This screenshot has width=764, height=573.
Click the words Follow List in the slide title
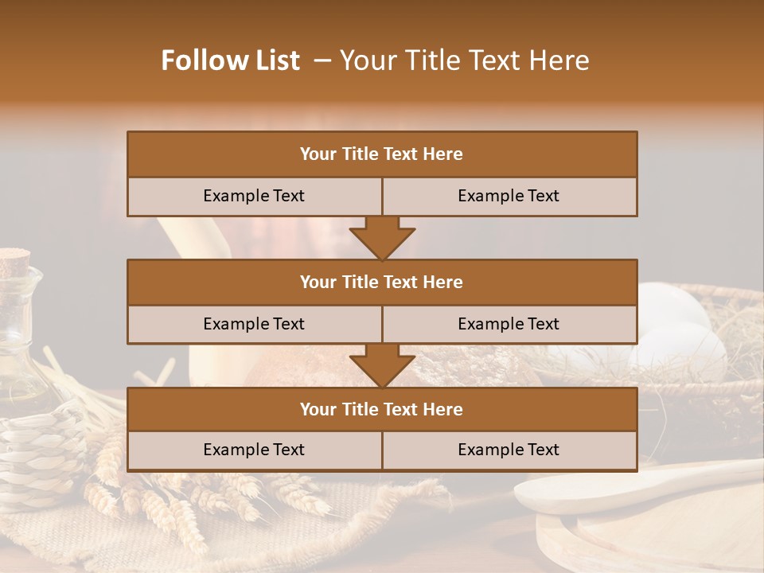pyautogui.click(x=231, y=60)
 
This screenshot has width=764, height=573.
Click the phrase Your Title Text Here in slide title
pyautogui.click(x=464, y=60)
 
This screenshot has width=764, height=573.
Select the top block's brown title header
pyautogui.click(x=382, y=154)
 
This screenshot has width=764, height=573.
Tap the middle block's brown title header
pyautogui.click(x=382, y=282)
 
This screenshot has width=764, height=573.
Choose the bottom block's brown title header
pyautogui.click(x=382, y=409)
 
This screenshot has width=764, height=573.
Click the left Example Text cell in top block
pyautogui.click(x=254, y=196)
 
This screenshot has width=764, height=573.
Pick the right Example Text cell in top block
pyautogui.click(x=509, y=196)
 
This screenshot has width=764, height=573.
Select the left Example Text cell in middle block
pyautogui.click(x=254, y=324)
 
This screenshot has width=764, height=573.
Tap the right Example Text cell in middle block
pyautogui.click(x=509, y=324)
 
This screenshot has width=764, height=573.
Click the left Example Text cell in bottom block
pyautogui.click(x=254, y=450)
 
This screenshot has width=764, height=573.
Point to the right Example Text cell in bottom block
pyautogui.click(x=509, y=450)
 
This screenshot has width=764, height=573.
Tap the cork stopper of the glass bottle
pyautogui.click(x=14, y=260)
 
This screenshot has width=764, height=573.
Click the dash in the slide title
pyautogui.click(x=322, y=60)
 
